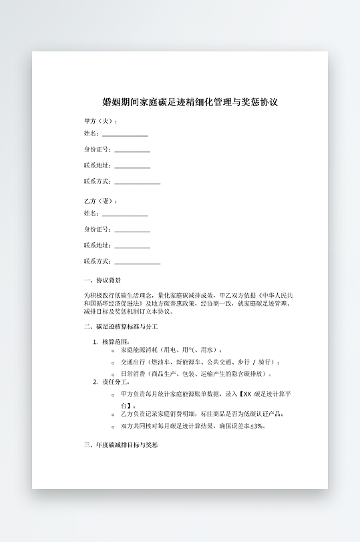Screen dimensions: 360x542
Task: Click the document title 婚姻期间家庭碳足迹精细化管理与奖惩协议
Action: point(190,103)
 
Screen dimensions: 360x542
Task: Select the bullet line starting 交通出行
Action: point(190,362)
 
